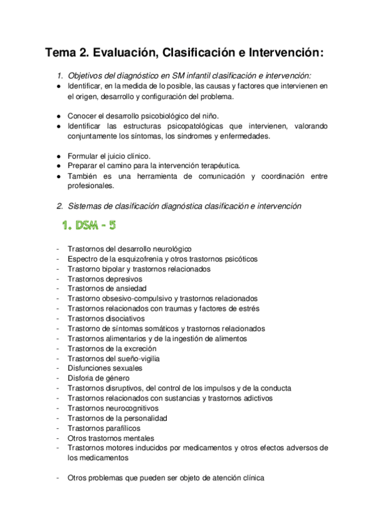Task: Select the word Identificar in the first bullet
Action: click(87, 86)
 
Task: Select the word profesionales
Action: click(91, 186)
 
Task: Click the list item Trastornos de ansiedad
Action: click(106, 288)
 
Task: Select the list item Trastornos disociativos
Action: click(106, 318)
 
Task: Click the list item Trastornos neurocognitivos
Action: click(113, 408)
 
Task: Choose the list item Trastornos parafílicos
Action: click(104, 428)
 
